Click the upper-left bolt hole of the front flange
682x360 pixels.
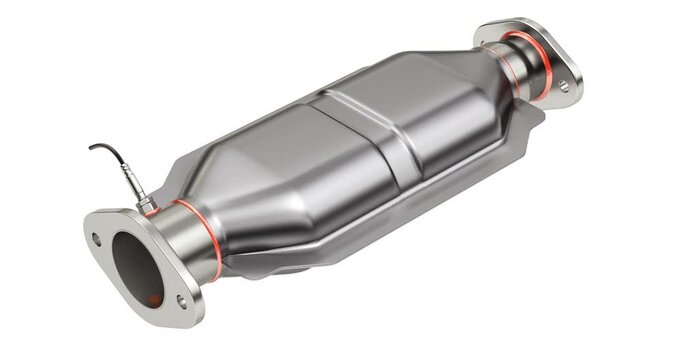click(96, 239)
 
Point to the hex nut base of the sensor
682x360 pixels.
click(146, 205)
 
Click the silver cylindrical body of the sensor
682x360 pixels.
click(134, 183)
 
